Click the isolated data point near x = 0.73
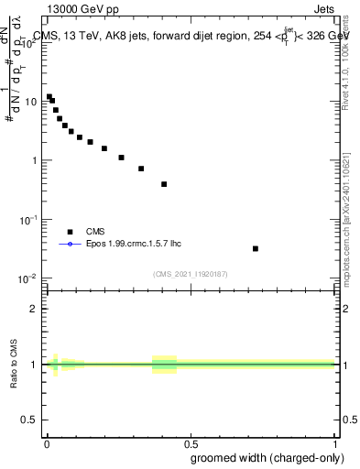[256, 248]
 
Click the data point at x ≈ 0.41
[164, 184]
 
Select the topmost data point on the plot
[49, 96]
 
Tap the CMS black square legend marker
[70, 232]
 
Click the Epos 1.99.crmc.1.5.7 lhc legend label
[127, 245]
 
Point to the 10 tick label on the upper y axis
[32, 102]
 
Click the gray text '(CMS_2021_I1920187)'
[190, 273]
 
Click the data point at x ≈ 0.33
[141, 169]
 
